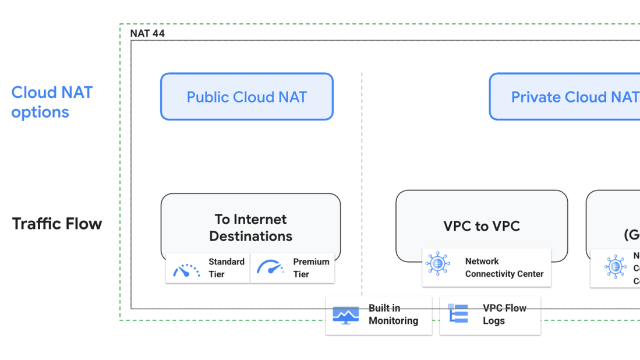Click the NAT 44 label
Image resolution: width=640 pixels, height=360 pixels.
pos(147,33)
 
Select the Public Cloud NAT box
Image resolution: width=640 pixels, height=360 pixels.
pos(246,97)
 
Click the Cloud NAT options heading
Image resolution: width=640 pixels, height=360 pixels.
pos(52,102)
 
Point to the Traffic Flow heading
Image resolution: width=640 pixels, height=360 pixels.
pos(57,224)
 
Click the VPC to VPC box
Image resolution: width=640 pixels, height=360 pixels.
pos(481,226)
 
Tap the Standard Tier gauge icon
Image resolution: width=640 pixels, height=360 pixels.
pos(186,269)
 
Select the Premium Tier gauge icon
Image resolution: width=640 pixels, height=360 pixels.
pos(271,268)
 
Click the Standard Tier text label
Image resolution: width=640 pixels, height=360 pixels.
pos(226,268)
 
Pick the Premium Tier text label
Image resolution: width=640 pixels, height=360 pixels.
pos(311,268)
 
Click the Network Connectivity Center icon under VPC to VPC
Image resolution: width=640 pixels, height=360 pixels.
pos(437,264)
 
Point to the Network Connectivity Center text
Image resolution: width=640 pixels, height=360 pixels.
pos(504,267)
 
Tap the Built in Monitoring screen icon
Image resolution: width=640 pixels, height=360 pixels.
pos(345,315)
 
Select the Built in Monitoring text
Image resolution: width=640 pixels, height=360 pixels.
pos(393,315)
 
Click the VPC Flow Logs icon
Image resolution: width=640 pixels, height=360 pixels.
pos(458,314)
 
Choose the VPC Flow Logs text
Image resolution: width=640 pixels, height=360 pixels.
pos(504,314)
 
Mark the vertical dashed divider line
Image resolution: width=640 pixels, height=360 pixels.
pos(362,175)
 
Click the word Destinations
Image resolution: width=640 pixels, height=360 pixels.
pos(250,236)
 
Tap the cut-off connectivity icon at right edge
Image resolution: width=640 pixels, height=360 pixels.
pos(615,267)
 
